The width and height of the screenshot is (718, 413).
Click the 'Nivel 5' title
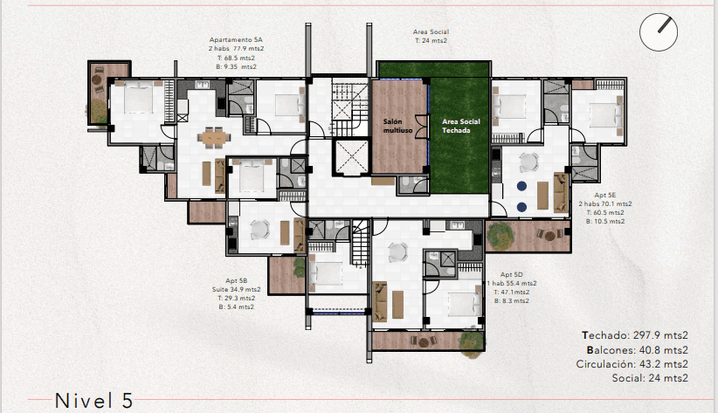tap(94, 401)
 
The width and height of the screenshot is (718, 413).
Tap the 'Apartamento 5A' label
tap(236, 40)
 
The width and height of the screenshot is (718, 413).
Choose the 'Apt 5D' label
tap(513, 274)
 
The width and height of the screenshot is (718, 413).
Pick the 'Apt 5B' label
tap(237, 279)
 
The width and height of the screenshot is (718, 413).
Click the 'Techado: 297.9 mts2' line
tap(635, 335)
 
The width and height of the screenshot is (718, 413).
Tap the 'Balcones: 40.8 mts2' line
tap(634, 349)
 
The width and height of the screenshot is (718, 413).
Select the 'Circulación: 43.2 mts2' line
tap(632, 364)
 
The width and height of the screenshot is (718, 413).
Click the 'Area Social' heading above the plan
tap(431, 31)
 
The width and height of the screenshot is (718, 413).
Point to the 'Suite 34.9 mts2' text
tap(237, 288)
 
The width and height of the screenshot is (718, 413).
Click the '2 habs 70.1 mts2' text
tap(605, 203)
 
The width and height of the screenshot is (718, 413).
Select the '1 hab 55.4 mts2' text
tap(513, 283)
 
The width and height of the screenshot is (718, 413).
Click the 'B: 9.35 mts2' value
tap(237, 66)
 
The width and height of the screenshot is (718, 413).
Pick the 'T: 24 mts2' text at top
tap(431, 40)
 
